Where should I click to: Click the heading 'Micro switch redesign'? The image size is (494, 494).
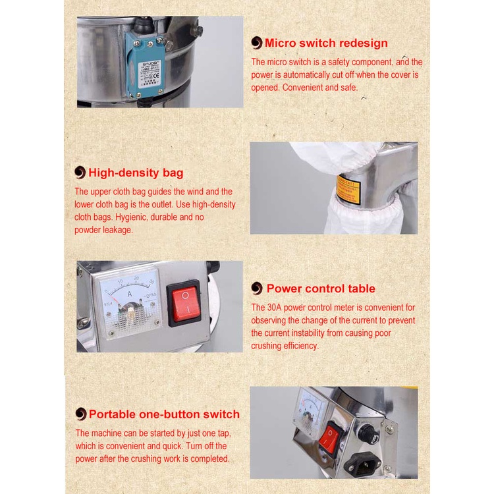point(326,43)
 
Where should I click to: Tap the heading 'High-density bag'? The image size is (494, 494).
point(136,173)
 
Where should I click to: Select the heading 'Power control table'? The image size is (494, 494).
point(321,288)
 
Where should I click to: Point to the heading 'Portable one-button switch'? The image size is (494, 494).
point(164,414)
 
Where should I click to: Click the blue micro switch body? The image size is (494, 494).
point(146,65)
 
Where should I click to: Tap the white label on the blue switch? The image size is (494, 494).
point(150,74)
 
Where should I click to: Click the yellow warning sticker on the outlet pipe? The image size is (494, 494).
point(348,190)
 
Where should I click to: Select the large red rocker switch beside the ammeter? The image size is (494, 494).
point(185,304)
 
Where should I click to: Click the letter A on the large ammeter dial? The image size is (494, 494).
point(130,294)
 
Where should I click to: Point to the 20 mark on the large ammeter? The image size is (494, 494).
point(136,278)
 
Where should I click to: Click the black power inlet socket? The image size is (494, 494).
point(362,464)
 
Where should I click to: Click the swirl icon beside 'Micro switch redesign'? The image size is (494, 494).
point(257,43)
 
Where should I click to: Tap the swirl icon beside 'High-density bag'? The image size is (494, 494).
point(80,173)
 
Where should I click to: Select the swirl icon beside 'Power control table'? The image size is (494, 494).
point(257,288)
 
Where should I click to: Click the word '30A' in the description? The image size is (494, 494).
point(274,308)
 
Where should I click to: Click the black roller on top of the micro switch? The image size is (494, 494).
point(144,24)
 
